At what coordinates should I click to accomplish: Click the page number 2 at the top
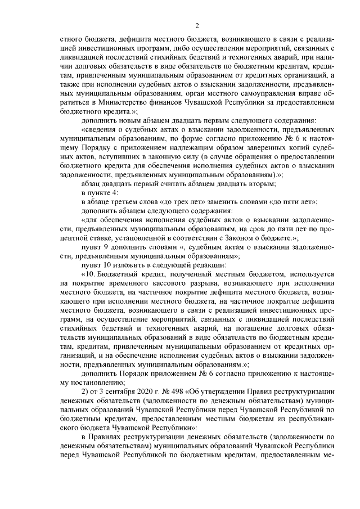click(x=197, y=25)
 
